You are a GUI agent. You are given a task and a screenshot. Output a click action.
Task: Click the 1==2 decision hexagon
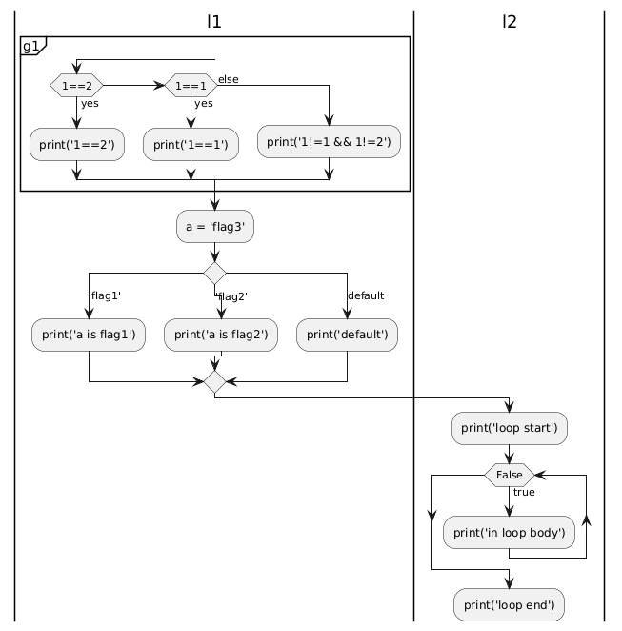tap(76, 86)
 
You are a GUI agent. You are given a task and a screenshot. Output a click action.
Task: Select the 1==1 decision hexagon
tap(191, 86)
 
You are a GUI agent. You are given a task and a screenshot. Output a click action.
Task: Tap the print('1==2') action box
tap(77, 145)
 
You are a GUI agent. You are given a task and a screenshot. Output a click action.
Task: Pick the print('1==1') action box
tap(191, 145)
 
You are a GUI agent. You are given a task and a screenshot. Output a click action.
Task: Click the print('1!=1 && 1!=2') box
tap(329, 142)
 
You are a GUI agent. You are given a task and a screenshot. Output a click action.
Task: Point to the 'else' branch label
tap(229, 79)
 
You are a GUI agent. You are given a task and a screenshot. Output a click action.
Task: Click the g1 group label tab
tap(33, 46)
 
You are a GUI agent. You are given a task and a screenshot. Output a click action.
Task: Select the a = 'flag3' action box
tap(215, 227)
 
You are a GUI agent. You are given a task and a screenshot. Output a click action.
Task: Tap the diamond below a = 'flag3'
tap(214, 274)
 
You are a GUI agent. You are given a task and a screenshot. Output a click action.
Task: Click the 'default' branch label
tap(366, 295)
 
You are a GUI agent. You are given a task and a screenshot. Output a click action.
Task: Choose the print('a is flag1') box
tap(89, 335)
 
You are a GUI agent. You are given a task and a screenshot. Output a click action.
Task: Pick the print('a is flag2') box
tap(221, 335)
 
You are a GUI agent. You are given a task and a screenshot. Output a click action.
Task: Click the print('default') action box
tap(347, 335)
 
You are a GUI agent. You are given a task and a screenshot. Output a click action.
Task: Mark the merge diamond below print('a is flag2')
tap(214, 382)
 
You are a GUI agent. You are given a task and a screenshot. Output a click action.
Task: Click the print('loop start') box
tap(510, 428)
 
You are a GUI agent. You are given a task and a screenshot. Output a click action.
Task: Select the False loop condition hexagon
tap(510, 476)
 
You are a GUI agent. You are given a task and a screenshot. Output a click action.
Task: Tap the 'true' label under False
tap(524, 492)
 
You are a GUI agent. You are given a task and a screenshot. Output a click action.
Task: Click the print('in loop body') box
tap(509, 533)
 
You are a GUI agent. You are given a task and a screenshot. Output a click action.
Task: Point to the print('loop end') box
tap(509, 605)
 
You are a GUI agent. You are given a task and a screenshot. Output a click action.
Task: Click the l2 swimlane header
tap(510, 22)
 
